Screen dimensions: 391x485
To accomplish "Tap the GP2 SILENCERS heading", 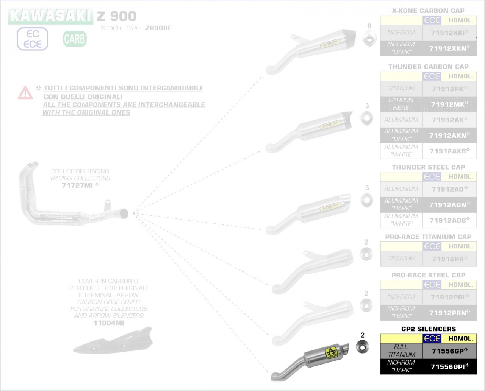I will coord(428,329).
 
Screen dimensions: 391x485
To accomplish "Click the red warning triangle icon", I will coord(25,92).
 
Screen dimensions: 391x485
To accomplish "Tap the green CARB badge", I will coord(75,39).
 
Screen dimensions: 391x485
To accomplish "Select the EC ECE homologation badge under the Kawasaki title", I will coord(33,39).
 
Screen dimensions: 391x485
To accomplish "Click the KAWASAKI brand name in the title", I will coord(51,16).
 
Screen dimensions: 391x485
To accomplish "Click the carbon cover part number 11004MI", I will coord(108,323).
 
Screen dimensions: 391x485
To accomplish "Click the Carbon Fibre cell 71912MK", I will coord(449,104).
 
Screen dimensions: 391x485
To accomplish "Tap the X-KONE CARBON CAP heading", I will coord(428,11).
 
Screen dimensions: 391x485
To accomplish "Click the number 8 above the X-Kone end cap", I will coord(369,26).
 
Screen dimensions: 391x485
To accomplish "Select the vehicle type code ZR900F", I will coord(158,28).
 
